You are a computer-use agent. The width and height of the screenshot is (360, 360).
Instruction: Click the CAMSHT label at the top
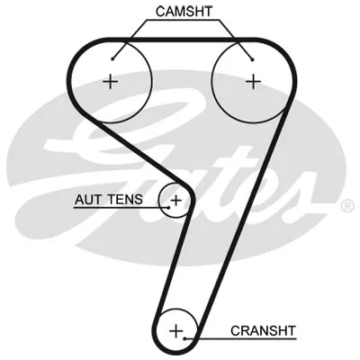point(184,12)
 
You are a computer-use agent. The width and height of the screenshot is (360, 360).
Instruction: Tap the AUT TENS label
point(109,199)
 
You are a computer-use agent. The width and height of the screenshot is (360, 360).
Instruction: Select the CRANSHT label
point(263,330)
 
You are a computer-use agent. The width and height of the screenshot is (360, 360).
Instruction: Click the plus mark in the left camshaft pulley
point(111,82)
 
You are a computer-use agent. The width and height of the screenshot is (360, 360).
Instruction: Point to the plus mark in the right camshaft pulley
point(254,82)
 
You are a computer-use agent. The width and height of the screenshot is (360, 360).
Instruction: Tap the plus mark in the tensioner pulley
point(176,200)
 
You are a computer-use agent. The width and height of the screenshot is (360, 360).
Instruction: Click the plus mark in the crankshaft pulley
point(175,331)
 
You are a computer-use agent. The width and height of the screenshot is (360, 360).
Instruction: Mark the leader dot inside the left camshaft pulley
point(112,58)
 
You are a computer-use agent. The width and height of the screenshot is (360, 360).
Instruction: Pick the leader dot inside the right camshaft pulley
point(252,59)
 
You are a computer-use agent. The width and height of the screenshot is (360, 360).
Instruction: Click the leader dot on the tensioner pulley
point(168,207)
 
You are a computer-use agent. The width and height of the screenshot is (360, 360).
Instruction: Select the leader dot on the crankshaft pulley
point(185,338)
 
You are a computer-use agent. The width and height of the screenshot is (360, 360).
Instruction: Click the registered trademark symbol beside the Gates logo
point(347,206)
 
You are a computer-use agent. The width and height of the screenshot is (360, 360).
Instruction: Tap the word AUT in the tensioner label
point(87,199)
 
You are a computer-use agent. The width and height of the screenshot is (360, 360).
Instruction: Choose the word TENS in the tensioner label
point(125,199)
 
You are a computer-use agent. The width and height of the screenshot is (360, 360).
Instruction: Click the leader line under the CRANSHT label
point(241,339)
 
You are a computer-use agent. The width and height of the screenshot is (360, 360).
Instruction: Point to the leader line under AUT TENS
point(121,207)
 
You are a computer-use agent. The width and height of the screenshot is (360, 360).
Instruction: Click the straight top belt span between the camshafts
point(183,40)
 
